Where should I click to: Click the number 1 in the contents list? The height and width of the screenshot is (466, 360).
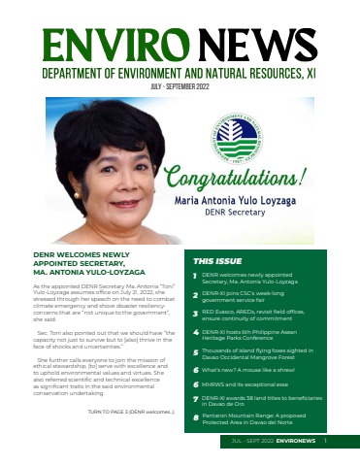[196, 278]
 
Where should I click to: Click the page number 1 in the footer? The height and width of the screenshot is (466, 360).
[325, 440]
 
